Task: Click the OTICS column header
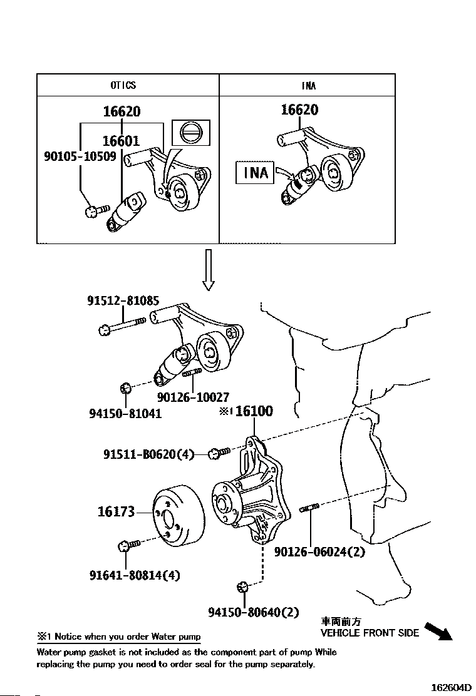pos(123,84)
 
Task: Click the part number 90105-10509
pos(80,156)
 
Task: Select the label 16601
pos(121,141)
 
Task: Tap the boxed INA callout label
pos(256,172)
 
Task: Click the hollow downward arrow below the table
pos(208,269)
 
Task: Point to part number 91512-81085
pos(123,300)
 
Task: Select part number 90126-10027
pos(193,397)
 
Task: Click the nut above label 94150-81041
pos(125,389)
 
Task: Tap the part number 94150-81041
pos(125,414)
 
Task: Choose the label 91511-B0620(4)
pos(149,454)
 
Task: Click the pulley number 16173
pos(116,512)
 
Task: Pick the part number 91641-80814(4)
pos(135,575)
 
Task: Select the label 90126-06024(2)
pos(319,552)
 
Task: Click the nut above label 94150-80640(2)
pos(242,587)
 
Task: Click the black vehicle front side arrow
pos(438,631)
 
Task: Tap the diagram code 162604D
pos(451,688)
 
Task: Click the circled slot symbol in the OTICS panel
pos(191,133)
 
